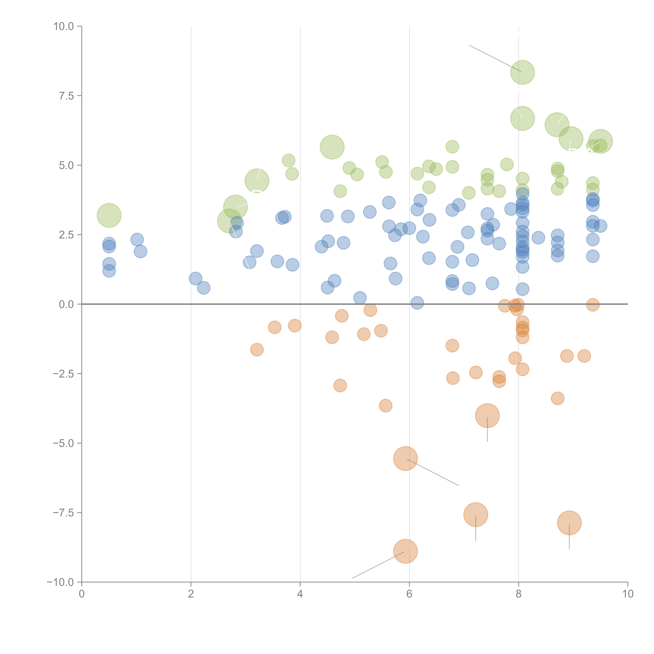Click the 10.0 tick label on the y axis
(x=64, y=26)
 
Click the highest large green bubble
(x=522, y=72)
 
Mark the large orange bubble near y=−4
(x=487, y=416)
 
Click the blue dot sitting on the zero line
(x=417, y=303)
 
